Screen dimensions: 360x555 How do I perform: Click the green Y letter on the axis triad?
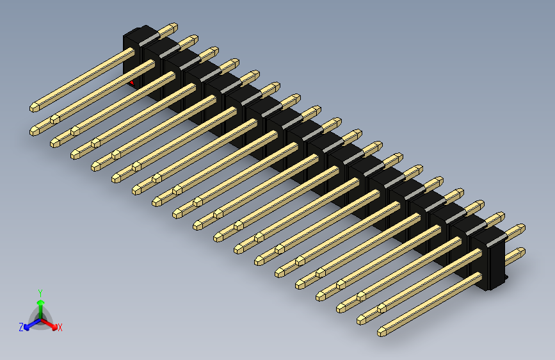tap(40, 291)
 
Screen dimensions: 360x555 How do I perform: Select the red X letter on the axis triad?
tap(60, 327)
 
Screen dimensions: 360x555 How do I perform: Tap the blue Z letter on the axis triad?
tap(21, 327)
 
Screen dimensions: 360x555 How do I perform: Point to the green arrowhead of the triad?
tap(40, 302)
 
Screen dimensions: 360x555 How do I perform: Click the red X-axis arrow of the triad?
tap(52, 324)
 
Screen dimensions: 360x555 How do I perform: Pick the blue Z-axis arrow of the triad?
tap(29, 325)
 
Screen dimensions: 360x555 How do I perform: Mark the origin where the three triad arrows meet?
tap(40, 318)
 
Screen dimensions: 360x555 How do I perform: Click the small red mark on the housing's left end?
tap(132, 82)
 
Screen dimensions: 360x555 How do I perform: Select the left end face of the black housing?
tap(129, 58)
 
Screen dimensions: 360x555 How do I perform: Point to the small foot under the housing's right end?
tap(499, 282)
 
